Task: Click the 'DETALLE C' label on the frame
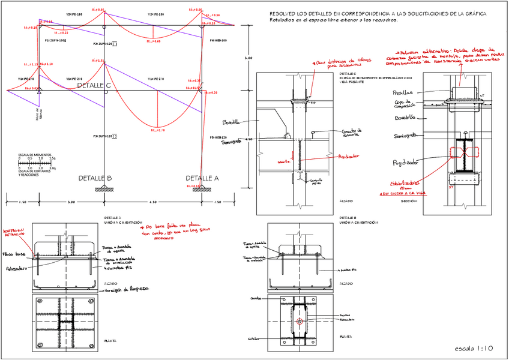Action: (x=94, y=86)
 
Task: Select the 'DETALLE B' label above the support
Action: (x=95, y=178)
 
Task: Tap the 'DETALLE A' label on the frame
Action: (x=202, y=178)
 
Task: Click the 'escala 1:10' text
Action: (x=474, y=348)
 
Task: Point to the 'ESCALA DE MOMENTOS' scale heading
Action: (x=34, y=155)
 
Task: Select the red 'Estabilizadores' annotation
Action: (x=404, y=184)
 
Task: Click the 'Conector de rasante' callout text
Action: (x=352, y=132)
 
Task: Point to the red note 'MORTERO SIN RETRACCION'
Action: (x=14, y=232)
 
